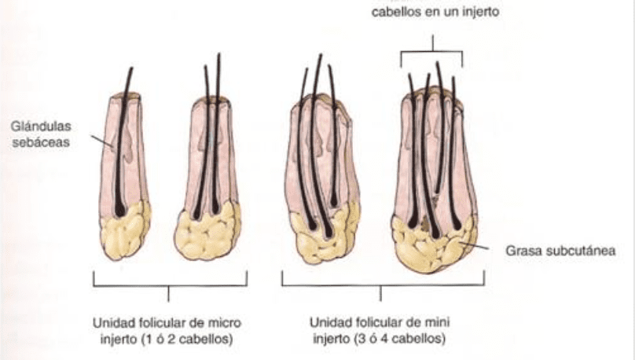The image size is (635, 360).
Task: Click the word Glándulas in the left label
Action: pos(41,127)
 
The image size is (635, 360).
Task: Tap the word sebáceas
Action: pos(41,142)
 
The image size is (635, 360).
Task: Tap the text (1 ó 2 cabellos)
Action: pos(187,339)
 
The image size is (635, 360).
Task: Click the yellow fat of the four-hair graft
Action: pos(432,247)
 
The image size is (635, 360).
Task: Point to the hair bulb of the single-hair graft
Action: pos(120,210)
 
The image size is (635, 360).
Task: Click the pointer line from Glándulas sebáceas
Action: pos(101,141)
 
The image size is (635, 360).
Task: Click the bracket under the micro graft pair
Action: pos(170,285)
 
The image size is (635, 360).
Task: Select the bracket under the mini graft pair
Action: pos(383,285)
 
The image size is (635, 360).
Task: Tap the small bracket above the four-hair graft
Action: pos(432,51)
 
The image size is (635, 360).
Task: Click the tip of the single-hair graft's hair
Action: pos(131,68)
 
